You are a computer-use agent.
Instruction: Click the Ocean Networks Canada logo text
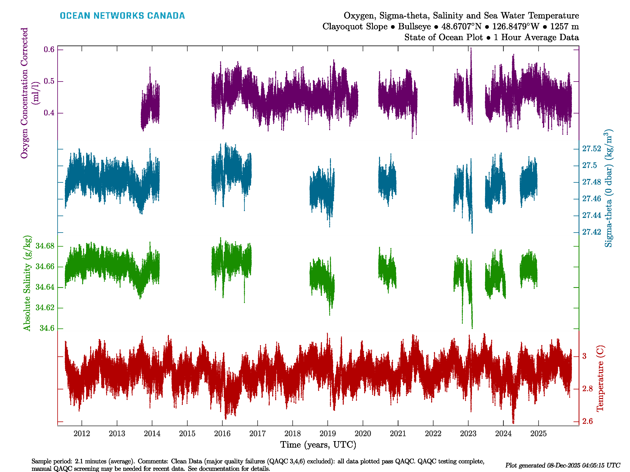click(x=122, y=16)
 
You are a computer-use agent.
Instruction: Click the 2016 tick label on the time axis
click(x=222, y=434)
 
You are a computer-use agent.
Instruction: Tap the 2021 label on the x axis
click(x=398, y=434)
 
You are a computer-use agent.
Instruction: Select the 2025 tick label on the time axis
click(x=538, y=434)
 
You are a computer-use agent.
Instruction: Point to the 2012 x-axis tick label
click(x=82, y=434)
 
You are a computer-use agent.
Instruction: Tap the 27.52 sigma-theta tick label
click(x=592, y=149)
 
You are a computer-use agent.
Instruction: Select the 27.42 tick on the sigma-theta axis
click(x=592, y=232)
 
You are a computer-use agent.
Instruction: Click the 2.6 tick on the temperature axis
click(x=587, y=421)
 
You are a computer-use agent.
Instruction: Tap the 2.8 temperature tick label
click(x=587, y=389)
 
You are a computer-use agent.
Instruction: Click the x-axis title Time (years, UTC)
click(x=318, y=445)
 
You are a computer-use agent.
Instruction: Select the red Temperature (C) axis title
click(x=600, y=378)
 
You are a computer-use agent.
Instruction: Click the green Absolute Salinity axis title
click(x=27, y=283)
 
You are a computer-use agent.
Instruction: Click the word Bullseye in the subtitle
click(x=414, y=27)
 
